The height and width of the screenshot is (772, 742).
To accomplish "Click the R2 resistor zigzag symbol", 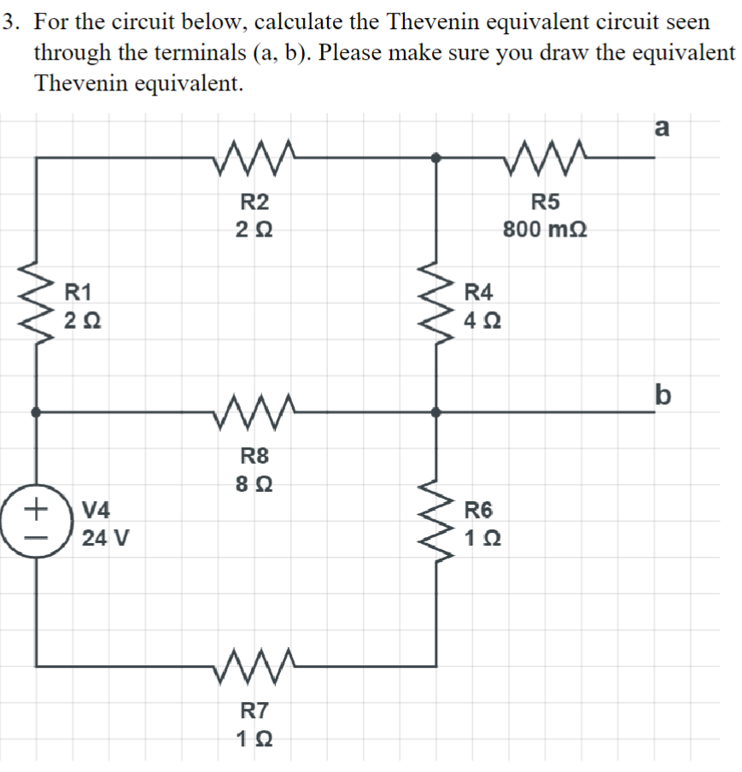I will point(255,156).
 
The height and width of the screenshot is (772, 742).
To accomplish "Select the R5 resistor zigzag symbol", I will point(546,156).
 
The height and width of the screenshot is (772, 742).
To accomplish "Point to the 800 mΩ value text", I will point(546,230).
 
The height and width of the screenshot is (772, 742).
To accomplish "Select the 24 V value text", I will point(105,540).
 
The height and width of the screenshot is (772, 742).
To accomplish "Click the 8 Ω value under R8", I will point(254,484).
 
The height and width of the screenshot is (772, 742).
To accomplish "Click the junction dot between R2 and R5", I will point(436,157).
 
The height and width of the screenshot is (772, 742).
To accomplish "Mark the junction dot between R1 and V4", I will point(36,412).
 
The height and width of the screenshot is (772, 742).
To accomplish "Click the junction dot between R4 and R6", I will point(436,412).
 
